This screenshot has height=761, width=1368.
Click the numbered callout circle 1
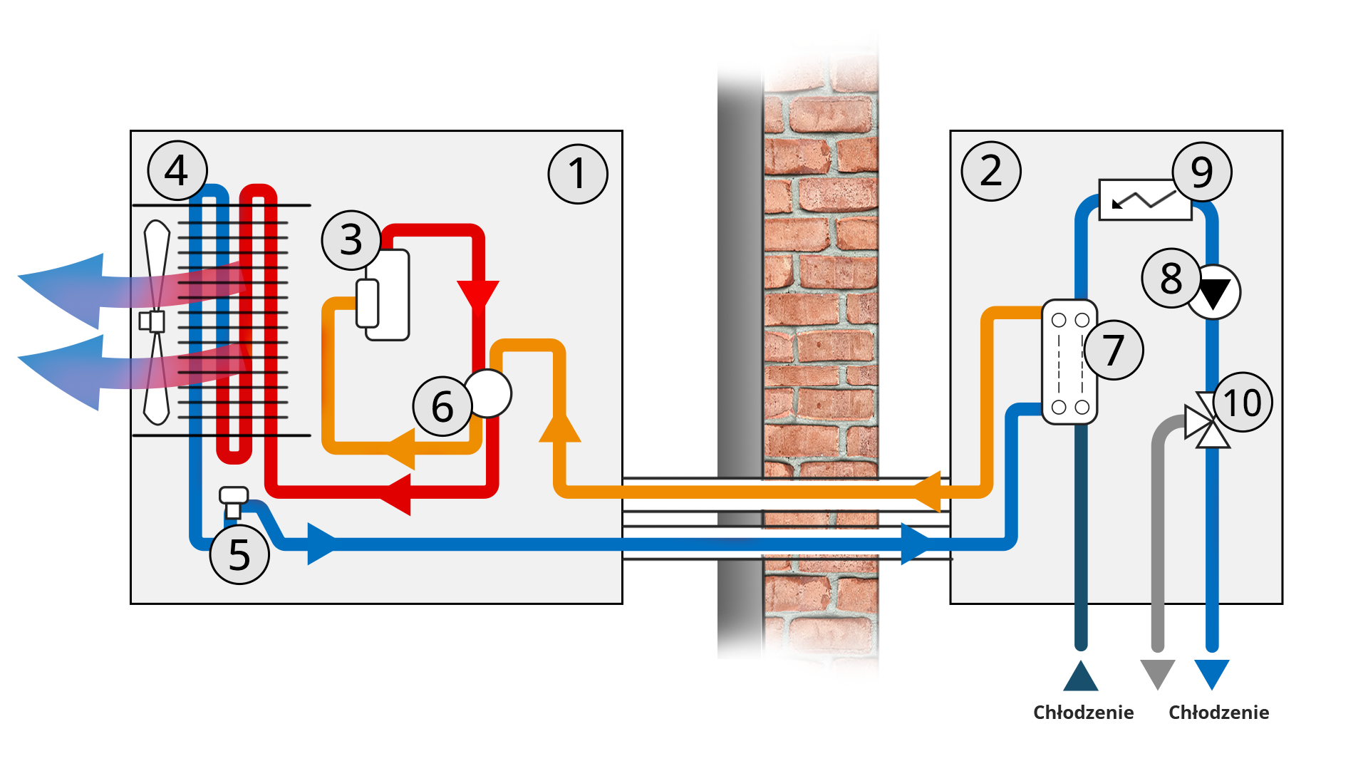[x=578, y=174]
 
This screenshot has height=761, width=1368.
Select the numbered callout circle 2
[x=990, y=171]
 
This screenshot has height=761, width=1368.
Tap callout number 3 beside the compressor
[x=351, y=240]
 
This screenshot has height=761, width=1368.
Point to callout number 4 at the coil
[x=177, y=171]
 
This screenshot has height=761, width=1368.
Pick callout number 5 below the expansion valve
[x=239, y=554]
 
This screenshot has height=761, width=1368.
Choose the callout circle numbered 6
[x=442, y=406]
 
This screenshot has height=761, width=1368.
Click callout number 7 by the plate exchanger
[x=1113, y=350]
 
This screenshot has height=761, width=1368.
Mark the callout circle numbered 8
[x=1171, y=278]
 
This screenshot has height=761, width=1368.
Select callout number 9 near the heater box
[x=1202, y=172]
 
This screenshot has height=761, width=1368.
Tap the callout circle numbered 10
[x=1243, y=403]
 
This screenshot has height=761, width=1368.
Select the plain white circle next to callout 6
[x=489, y=393]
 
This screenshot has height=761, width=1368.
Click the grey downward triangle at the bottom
[x=1157, y=673]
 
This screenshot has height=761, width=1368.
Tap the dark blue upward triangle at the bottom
[x=1080, y=677]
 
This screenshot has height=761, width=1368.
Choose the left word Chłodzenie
[x=1083, y=713]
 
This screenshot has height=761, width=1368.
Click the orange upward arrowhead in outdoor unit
[x=560, y=428]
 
